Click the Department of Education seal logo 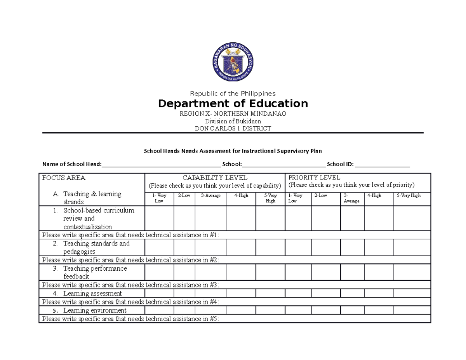233,62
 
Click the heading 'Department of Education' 233,104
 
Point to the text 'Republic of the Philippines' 233,94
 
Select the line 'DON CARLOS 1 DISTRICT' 233,129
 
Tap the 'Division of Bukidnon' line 233,121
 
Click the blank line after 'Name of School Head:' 161,164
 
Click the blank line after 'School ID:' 383,164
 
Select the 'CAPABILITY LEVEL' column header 215,178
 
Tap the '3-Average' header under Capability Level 210,196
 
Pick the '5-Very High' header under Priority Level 408,196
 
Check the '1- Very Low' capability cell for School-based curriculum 159,218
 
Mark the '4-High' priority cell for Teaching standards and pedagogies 379,247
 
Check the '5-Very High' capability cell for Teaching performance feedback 270,272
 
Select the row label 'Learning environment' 95,311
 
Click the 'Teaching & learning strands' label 92,198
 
